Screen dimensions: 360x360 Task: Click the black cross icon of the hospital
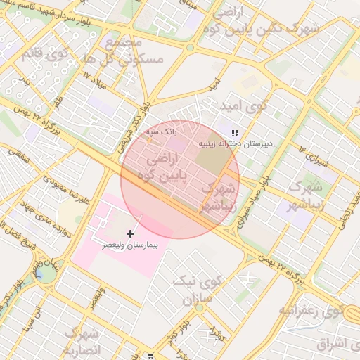pyautogui.click(x=130, y=233)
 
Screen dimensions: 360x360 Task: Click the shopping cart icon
pyautogui.click(x=150, y=356)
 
